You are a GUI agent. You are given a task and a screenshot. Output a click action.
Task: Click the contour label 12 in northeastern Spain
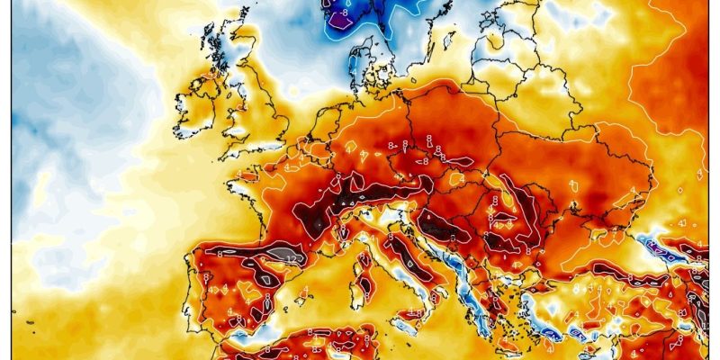point(290,258)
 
